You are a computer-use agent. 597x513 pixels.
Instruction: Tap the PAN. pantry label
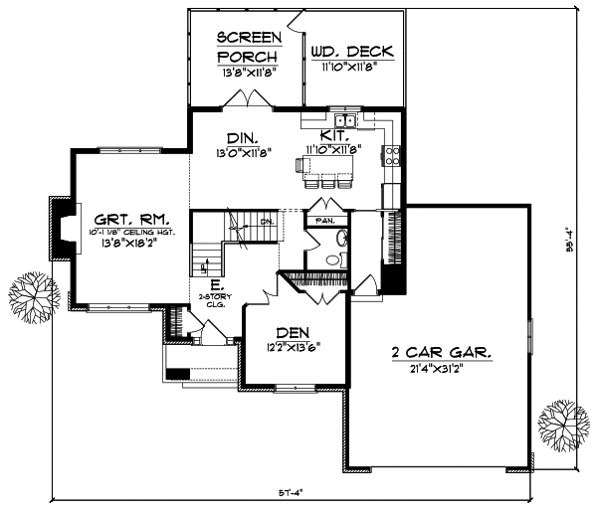(x=324, y=220)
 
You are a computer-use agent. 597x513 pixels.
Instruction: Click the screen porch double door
(x=246, y=99)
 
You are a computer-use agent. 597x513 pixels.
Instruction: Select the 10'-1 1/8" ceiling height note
(x=125, y=236)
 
